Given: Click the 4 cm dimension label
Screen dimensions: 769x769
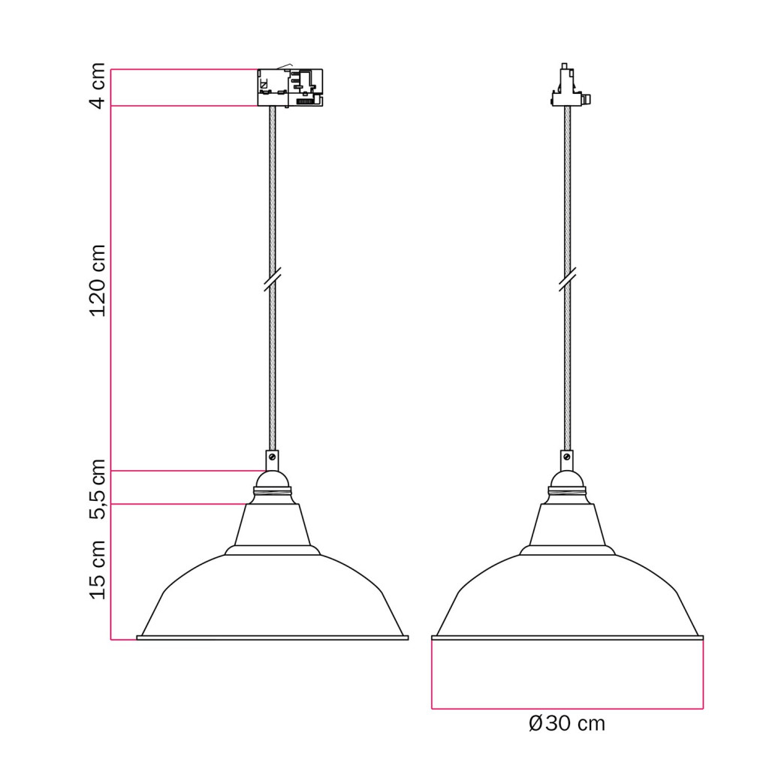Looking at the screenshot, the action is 98,86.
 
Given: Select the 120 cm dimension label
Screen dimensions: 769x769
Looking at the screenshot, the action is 98,281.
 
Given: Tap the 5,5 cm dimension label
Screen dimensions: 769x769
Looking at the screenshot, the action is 98,489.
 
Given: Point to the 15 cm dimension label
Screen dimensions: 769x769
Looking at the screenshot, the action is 98,569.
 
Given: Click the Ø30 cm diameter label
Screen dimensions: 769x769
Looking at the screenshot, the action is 567,723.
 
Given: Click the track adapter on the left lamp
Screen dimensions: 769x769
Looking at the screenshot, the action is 291,87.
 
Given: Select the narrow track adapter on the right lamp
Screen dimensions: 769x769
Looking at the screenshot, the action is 569,85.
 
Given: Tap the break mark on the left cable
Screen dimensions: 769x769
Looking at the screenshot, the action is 272,279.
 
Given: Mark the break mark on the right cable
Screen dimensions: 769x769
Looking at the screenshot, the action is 568,279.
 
